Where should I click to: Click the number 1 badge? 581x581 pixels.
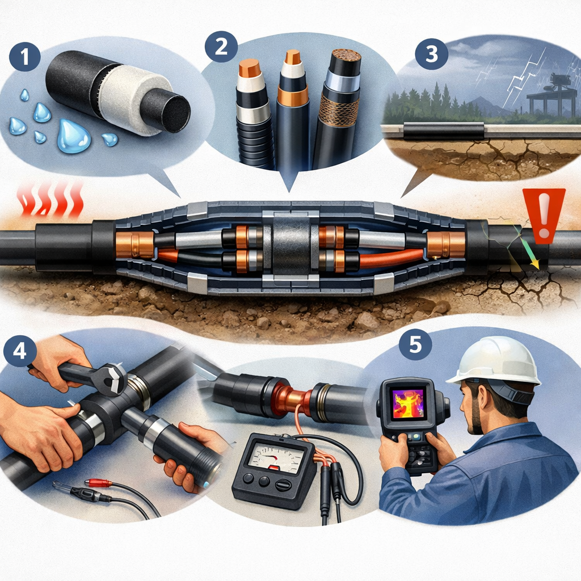point(24,57)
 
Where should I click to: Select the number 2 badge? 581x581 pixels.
point(221,47)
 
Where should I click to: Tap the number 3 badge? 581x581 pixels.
point(432,54)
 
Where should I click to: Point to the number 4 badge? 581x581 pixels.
point(20,350)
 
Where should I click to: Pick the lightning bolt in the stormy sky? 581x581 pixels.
point(523,79)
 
